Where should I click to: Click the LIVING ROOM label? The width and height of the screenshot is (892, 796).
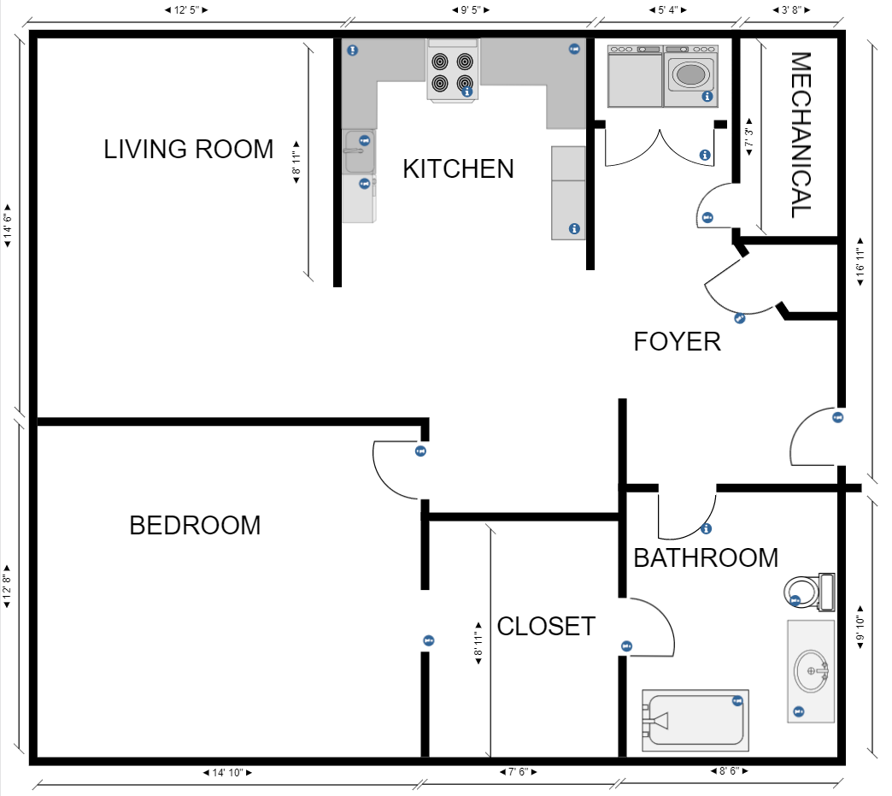(x=189, y=149)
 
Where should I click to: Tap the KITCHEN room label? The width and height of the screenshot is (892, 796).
(x=458, y=169)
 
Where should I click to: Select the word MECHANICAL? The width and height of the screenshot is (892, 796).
(x=800, y=135)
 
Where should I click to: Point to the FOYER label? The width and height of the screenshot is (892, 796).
(x=677, y=342)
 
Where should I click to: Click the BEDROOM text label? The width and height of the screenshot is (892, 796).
(x=195, y=525)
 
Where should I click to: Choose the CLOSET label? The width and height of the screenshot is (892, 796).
(x=545, y=627)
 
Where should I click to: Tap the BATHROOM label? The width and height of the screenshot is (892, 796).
(x=705, y=558)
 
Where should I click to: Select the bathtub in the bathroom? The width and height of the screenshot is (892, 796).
(x=695, y=721)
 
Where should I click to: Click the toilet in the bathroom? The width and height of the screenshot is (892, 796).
(x=807, y=591)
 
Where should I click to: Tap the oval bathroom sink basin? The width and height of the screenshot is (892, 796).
(x=810, y=671)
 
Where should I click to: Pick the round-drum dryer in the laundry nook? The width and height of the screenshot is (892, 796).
(x=691, y=75)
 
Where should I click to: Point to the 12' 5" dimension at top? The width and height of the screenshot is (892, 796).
(x=186, y=10)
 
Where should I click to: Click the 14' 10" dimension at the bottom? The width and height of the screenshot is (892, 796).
(x=227, y=772)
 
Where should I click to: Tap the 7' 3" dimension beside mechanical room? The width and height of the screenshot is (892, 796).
(x=749, y=139)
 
